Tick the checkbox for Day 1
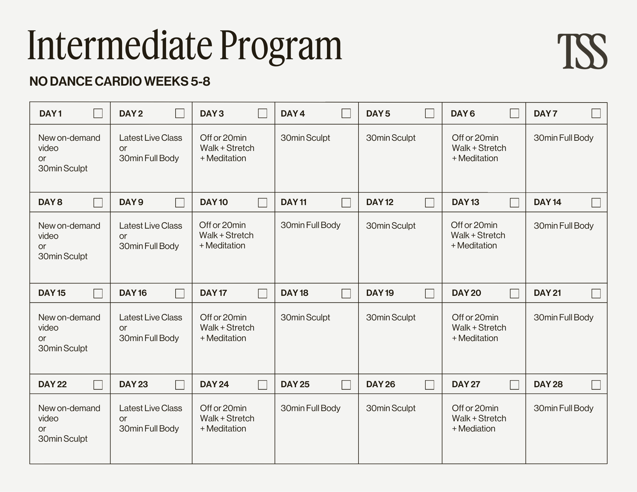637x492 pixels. pyautogui.click(x=98, y=113)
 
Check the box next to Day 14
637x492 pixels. pyautogui.click(x=596, y=203)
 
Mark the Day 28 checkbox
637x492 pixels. pyautogui.click(x=596, y=385)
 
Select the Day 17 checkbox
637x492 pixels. pyautogui.click(x=262, y=293)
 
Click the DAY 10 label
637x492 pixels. pyautogui.click(x=214, y=202)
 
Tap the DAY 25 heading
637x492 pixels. pyautogui.click(x=295, y=384)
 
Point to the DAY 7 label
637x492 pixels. pyautogui.click(x=546, y=114)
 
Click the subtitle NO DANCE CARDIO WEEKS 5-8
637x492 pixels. pyautogui.click(x=120, y=82)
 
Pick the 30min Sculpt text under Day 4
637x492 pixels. pyautogui.click(x=305, y=138)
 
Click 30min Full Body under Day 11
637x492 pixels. pyautogui.click(x=310, y=225)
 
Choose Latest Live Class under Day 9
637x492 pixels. pyautogui.click(x=150, y=226)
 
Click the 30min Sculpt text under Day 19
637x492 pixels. pyautogui.click(x=391, y=317)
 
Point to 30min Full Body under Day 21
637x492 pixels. pyautogui.click(x=563, y=317)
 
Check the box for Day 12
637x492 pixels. pyautogui.click(x=429, y=203)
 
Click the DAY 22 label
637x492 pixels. pyautogui.click(x=53, y=384)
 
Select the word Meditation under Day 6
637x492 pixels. pyautogui.click(x=478, y=158)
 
